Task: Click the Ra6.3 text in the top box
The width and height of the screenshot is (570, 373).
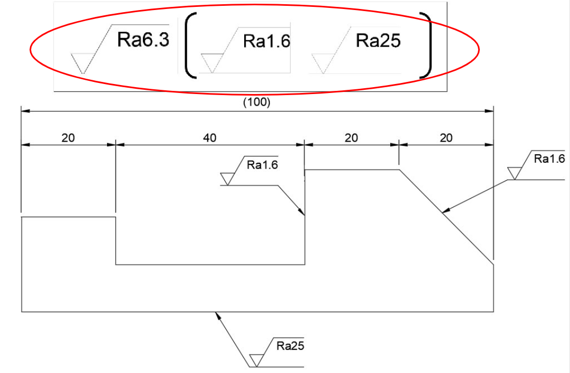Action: pos(143,40)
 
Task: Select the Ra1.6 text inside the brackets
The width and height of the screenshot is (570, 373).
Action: pos(266,41)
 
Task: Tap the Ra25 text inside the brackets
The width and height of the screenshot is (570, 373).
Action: pos(378,40)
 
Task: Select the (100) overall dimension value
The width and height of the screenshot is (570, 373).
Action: pos(256,103)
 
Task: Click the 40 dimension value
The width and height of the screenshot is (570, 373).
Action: pos(210,138)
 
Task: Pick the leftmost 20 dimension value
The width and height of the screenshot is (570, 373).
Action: pos(68,138)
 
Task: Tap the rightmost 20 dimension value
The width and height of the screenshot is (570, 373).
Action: pos(446,138)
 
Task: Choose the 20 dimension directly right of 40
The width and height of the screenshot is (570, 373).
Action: pos(351,138)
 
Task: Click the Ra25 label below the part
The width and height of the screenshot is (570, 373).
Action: pos(291,347)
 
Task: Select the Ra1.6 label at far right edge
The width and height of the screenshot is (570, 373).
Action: pos(549,159)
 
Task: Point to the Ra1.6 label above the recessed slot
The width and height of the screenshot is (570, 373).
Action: pos(262,165)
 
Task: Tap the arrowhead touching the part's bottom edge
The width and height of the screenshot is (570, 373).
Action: pos(217,315)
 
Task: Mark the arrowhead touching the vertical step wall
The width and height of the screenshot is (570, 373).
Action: pos(302,212)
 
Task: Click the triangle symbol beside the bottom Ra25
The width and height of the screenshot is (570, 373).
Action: pos(256,360)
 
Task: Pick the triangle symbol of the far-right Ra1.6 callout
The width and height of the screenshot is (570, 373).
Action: pos(514,173)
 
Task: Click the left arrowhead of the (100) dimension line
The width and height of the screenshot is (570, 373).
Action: pos(24,111)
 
